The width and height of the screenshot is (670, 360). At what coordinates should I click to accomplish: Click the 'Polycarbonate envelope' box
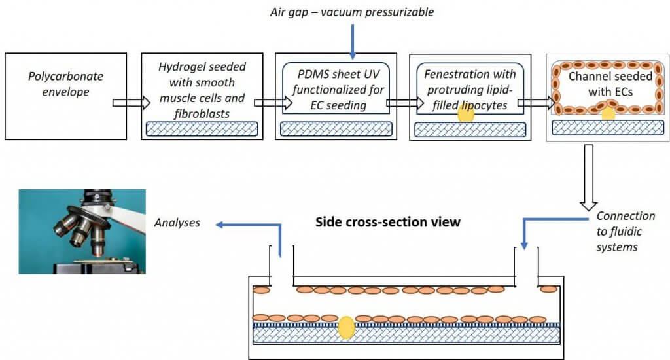pos(65,96)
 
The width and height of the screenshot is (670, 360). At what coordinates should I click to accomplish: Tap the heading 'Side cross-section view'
pos(388,222)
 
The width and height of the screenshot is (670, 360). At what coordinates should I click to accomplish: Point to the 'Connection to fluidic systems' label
pos(626,231)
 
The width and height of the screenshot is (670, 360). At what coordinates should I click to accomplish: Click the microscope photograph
pos(82,231)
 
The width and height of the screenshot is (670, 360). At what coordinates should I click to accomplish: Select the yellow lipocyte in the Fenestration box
pos(465,114)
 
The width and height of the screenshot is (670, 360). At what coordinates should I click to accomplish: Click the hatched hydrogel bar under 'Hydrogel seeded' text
pos(201,129)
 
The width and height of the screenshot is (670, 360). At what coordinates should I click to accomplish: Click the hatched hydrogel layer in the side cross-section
pos(406,334)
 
